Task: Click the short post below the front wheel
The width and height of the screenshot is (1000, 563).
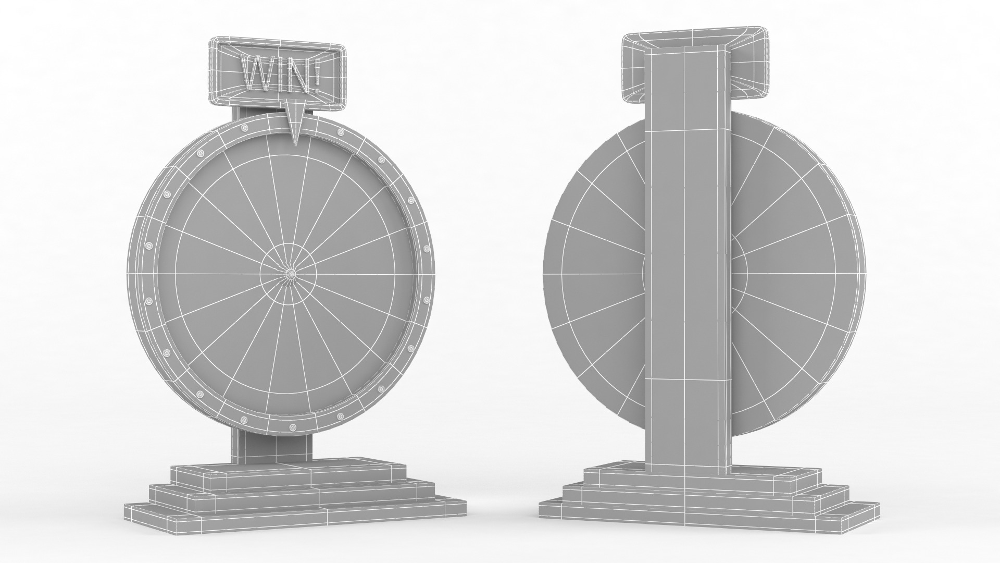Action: tap(271, 443)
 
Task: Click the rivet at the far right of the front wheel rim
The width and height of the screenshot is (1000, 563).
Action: tap(427, 300)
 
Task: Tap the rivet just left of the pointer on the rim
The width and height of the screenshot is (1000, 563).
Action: tap(245, 127)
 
